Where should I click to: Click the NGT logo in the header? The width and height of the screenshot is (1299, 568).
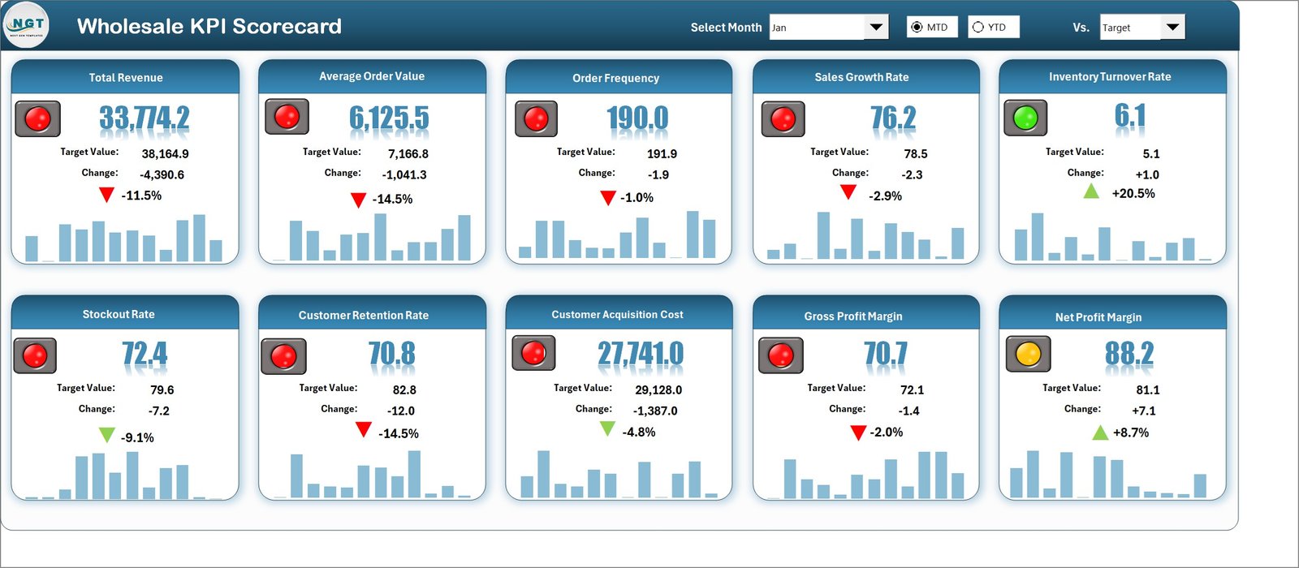(x=26, y=26)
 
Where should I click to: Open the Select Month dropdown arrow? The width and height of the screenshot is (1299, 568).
(x=875, y=28)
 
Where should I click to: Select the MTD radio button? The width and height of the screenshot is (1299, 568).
(x=917, y=28)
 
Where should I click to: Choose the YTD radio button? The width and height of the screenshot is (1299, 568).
(x=978, y=28)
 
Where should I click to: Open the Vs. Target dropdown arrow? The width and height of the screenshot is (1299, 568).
(x=1172, y=28)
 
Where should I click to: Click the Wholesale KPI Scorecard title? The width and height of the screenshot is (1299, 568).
(x=209, y=26)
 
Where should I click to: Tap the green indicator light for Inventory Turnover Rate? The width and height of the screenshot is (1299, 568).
(x=1025, y=118)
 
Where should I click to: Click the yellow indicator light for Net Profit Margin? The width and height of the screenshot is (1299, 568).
(x=1028, y=355)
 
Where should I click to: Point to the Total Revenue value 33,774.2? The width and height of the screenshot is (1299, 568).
(x=145, y=118)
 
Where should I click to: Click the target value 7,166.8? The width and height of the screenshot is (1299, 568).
(x=408, y=153)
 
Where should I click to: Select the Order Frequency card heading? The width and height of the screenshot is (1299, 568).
(x=615, y=78)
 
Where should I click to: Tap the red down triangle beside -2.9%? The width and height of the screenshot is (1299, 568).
(x=848, y=192)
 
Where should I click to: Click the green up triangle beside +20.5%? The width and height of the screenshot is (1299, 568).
(x=1091, y=191)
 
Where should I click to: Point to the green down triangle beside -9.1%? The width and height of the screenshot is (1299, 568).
(x=106, y=435)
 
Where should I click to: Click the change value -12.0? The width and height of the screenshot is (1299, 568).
(x=400, y=411)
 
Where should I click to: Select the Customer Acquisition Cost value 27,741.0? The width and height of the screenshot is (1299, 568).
(x=641, y=354)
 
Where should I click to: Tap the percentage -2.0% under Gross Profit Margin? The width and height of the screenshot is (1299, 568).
(x=886, y=432)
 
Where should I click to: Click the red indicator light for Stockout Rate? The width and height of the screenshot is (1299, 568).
(x=35, y=355)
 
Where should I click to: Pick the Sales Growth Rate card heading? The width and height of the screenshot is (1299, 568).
(x=861, y=77)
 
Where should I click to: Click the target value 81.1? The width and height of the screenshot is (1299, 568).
(x=1148, y=389)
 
